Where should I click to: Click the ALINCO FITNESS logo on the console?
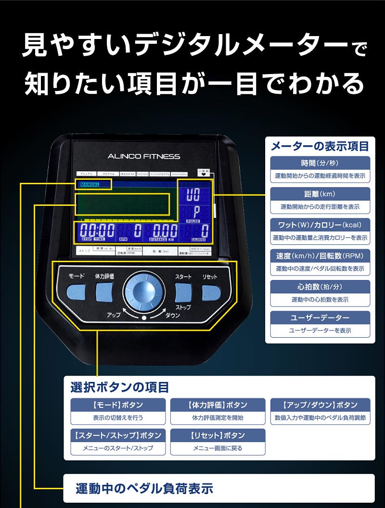(x=144, y=156)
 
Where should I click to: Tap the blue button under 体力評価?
(x=104, y=292)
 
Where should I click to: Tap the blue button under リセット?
(x=211, y=292)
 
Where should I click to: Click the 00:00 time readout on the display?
(x=98, y=230)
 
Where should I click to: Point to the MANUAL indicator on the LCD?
(x=90, y=184)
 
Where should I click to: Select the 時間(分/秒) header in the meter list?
(x=320, y=163)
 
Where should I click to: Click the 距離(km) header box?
(x=320, y=194)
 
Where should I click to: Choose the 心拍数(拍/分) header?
(x=320, y=287)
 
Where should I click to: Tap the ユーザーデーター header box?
(x=320, y=318)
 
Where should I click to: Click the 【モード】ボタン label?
(x=118, y=405)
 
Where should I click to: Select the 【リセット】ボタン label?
(x=218, y=435)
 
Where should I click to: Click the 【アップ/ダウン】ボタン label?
(x=320, y=405)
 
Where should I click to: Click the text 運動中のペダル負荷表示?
(x=144, y=489)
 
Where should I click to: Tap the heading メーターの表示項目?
(x=320, y=146)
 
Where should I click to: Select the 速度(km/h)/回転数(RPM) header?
(x=320, y=256)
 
